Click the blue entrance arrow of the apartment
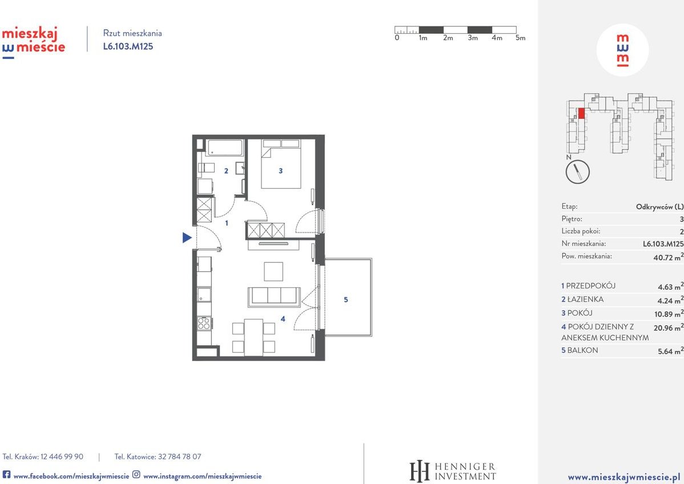click(x=187, y=238)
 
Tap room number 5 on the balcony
click(x=345, y=299)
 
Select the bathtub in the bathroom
click(x=225, y=148)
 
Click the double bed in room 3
click(x=281, y=165)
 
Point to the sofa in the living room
click(x=273, y=297)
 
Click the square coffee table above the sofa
click(x=273, y=271)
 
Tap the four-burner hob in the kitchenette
click(x=204, y=323)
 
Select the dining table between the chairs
click(x=254, y=338)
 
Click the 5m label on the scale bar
click(x=520, y=38)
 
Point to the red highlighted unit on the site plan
click(x=581, y=113)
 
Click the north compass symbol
click(x=577, y=171)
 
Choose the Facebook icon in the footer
click(x=6, y=475)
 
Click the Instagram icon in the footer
click(x=136, y=475)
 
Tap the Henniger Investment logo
click(x=453, y=471)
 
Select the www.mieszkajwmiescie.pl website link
click(x=623, y=476)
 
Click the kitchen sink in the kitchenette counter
click(x=204, y=295)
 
